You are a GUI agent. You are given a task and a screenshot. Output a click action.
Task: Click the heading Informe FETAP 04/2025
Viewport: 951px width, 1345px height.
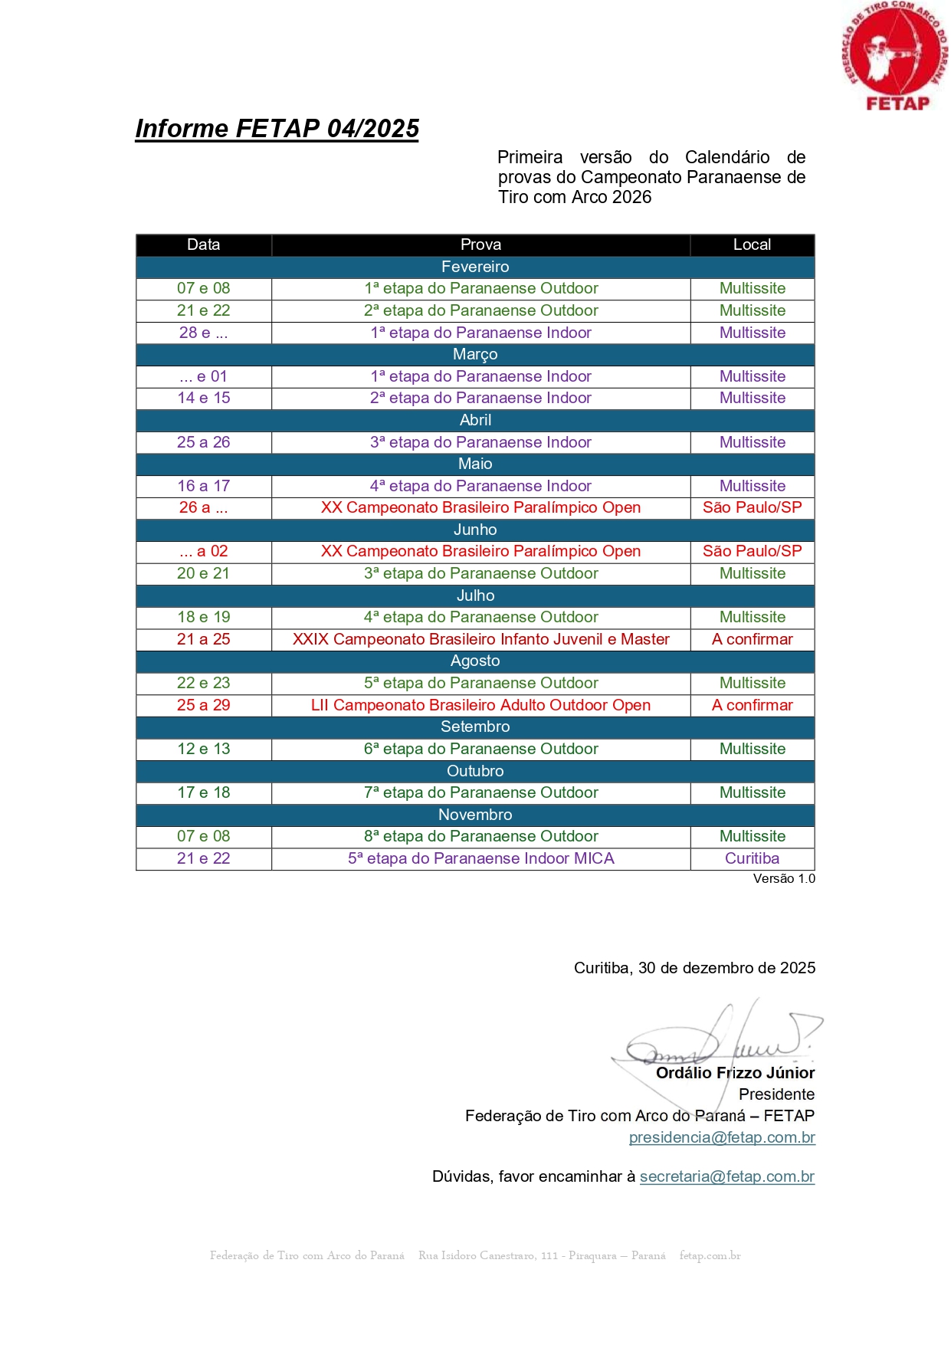[277, 128]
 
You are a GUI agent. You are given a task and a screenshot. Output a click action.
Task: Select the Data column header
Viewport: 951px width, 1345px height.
[203, 244]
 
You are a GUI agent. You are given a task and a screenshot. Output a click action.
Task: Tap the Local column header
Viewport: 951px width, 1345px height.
[752, 244]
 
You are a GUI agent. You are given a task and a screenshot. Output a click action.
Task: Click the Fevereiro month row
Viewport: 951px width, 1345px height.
[475, 267]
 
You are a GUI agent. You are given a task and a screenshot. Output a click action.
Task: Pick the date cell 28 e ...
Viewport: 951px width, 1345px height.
[203, 333]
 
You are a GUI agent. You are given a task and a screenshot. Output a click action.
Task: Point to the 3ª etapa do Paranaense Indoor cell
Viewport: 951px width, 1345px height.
[480, 442]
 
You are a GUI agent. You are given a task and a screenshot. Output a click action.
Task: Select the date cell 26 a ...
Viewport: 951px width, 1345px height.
[203, 507]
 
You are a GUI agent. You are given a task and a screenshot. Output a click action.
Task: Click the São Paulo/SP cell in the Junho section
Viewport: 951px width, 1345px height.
[752, 551]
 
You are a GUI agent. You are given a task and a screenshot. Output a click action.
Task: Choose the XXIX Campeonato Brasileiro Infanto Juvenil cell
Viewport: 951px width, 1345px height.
[480, 639]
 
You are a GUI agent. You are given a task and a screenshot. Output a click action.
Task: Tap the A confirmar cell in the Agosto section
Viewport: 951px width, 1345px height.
[752, 705]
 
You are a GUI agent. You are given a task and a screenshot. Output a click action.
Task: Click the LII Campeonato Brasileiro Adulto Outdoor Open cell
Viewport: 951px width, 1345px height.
[480, 705]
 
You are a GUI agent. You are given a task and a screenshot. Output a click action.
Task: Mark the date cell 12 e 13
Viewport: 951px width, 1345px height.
[203, 749]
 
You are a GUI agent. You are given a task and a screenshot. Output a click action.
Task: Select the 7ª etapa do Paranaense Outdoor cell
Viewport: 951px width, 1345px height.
[480, 792]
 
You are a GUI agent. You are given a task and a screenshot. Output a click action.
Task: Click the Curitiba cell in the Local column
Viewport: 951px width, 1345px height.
[752, 858]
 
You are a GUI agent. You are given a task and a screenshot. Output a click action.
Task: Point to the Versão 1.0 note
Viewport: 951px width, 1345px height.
[783, 878]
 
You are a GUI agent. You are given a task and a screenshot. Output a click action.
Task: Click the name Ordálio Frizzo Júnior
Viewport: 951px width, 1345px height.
[735, 1073]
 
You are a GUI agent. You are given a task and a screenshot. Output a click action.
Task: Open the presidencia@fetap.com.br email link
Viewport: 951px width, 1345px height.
[721, 1137]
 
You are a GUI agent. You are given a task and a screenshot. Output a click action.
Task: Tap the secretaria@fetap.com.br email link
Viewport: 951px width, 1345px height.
[726, 1176]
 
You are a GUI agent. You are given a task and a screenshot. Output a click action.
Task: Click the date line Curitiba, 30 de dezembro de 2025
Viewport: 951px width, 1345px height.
[694, 968]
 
